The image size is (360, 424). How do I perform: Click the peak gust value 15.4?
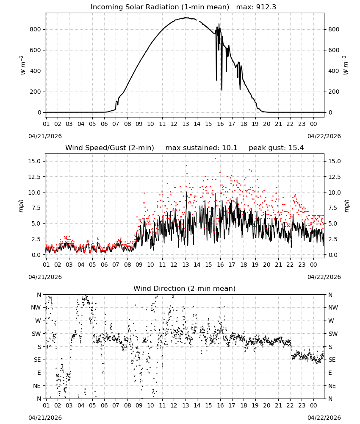(x=295, y=148)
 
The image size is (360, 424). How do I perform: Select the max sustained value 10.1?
(x=230, y=148)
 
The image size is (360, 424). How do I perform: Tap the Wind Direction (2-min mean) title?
(x=185, y=288)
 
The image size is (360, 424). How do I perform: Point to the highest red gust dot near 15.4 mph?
(x=215, y=159)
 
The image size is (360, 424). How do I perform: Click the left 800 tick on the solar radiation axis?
(x=35, y=30)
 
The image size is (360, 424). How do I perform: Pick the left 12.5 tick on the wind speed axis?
(x=34, y=177)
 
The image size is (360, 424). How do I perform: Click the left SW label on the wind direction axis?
(x=36, y=334)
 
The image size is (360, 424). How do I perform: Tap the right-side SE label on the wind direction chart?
(x=332, y=360)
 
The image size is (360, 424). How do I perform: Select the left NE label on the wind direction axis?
(x=37, y=386)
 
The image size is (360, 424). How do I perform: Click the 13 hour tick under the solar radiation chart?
(x=186, y=124)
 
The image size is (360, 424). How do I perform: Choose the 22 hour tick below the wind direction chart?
(x=290, y=405)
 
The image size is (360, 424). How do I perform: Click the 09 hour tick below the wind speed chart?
(x=139, y=265)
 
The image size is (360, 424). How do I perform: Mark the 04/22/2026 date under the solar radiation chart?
(x=324, y=136)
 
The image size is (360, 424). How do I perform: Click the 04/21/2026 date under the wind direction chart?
(x=45, y=418)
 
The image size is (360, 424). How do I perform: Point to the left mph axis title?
(x=21, y=206)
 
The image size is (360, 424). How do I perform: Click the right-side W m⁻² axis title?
(x=346, y=65)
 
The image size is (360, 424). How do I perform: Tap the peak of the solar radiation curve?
(x=186, y=17)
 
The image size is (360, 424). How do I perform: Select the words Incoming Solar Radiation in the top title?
(x=135, y=7)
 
